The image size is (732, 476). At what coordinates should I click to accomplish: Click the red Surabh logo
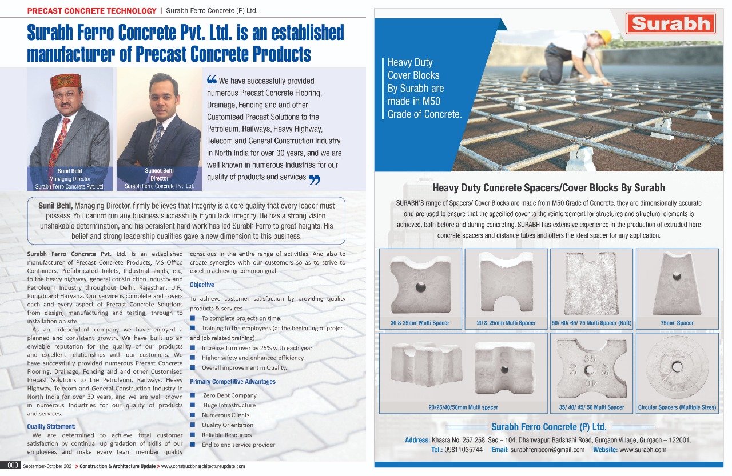671,24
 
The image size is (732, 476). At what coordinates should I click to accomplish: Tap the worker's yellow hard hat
603,37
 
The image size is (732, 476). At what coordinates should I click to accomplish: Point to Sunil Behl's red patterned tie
59,141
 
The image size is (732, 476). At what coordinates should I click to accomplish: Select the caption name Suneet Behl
159,170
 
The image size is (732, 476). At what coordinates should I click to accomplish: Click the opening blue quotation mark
211,81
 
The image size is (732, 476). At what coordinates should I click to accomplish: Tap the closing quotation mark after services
314,180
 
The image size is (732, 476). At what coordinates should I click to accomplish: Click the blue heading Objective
202,285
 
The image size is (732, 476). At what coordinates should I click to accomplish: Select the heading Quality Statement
51,426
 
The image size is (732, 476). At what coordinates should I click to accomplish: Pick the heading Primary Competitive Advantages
233,382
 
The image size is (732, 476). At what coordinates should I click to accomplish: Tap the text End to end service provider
238,445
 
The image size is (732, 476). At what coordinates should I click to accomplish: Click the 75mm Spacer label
677,323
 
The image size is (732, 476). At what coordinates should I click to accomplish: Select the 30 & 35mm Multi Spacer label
420,323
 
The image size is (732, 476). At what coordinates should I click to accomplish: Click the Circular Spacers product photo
677,366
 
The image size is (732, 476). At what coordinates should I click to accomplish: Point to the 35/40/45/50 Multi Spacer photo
591,366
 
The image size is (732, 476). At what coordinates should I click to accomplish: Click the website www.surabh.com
643,450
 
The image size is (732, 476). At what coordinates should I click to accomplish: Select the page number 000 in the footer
10,466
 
